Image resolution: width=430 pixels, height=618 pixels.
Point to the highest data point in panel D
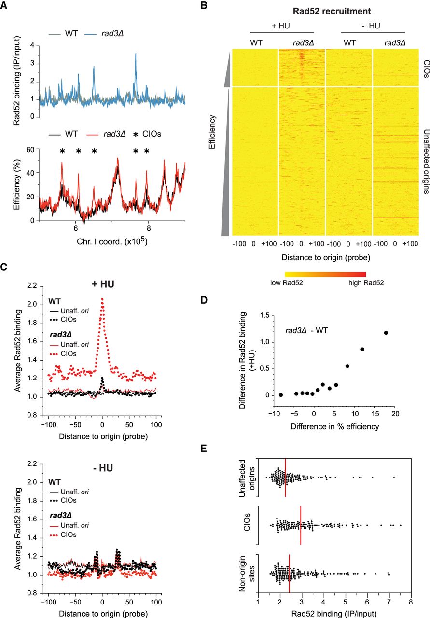point(386,333)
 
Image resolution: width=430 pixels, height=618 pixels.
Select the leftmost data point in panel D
point(281,395)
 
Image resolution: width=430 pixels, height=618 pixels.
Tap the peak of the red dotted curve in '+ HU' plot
point(102,299)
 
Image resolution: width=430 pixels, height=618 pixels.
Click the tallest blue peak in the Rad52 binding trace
point(136,54)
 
